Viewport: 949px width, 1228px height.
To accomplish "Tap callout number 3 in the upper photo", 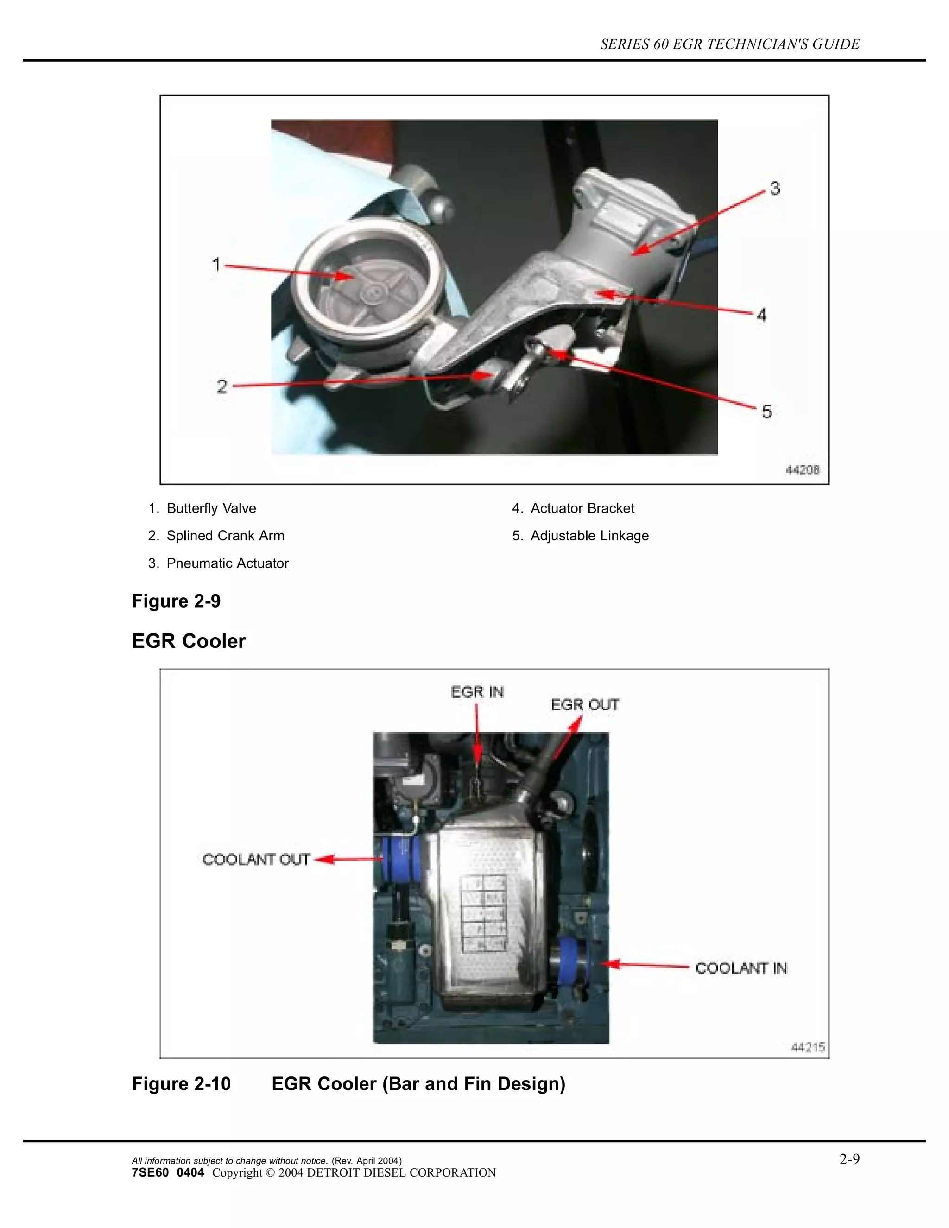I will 775,188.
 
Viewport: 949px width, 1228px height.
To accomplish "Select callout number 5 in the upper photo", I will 767,412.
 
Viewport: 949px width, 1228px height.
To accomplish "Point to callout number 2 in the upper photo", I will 222,386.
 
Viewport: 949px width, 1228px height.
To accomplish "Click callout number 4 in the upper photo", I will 761,315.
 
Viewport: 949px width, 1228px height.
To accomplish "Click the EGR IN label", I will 477,692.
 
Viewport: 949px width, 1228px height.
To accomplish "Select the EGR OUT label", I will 585,705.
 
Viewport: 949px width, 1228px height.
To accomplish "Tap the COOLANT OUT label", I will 256,859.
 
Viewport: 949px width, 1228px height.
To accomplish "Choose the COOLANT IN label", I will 741,968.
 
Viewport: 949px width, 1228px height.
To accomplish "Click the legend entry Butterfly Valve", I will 211,508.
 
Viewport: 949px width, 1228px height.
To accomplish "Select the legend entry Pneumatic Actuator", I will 227,563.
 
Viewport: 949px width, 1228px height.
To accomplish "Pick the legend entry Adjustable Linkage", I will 589,536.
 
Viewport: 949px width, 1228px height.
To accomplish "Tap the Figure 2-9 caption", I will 176,601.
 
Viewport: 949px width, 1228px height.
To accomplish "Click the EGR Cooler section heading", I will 189,641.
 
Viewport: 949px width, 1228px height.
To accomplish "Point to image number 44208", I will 802,469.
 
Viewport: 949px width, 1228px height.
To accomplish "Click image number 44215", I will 808,1048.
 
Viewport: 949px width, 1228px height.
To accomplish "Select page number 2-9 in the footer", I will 849,1159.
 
